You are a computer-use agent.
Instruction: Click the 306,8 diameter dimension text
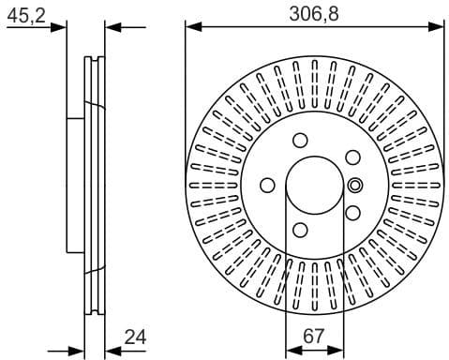tap(313, 12)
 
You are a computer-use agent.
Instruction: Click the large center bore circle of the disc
tap(314, 185)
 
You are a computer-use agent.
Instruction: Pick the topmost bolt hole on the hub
tap(300, 141)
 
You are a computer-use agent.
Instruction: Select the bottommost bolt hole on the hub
tap(300, 230)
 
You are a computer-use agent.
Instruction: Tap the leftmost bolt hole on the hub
tap(268, 185)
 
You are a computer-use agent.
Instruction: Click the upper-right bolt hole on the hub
tap(352, 157)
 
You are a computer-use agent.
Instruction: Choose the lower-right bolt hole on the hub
tap(352, 213)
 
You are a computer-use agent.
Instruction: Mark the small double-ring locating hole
tap(355, 185)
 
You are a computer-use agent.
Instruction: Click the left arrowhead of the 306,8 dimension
tap(191, 28)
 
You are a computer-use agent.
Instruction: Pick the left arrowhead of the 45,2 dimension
tap(61, 28)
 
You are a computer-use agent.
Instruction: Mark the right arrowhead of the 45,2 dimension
tap(110, 28)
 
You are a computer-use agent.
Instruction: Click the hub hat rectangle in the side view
tap(76, 185)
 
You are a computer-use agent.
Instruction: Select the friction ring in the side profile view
tap(95, 185)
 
